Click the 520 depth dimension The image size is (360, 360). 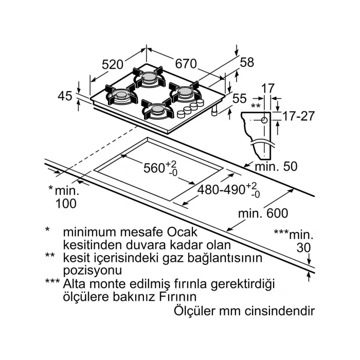point(113,65)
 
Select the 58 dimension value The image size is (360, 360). point(247,63)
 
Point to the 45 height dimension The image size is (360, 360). point(64,96)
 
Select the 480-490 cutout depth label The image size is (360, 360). point(223,189)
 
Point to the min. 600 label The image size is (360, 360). point(263,213)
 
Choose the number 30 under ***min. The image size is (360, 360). point(304,247)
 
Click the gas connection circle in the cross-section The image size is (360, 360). point(264,120)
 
